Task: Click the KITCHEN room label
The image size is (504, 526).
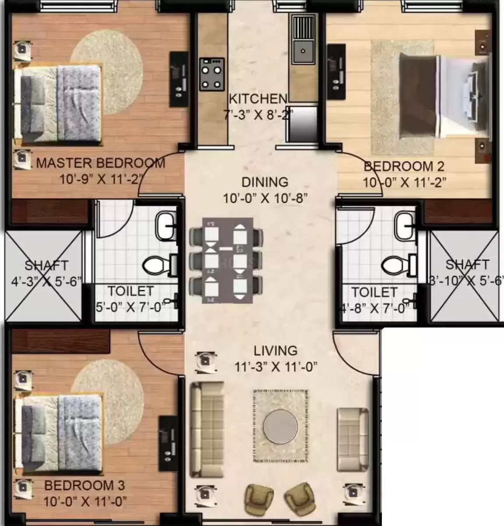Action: [x=258, y=99]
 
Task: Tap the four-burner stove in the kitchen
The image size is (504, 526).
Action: [x=212, y=74]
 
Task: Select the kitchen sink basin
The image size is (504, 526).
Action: [x=303, y=52]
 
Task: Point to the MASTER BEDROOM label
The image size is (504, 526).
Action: [x=101, y=163]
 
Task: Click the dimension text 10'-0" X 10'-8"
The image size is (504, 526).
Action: [x=265, y=199]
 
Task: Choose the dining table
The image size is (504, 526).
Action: [x=227, y=260]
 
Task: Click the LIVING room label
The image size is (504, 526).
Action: [x=275, y=351]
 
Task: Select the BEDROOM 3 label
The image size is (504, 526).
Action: [x=85, y=486]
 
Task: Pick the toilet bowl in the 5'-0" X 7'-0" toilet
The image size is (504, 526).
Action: [x=156, y=266]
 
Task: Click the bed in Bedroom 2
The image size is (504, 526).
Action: [x=445, y=96]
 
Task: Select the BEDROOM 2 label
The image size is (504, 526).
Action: [x=404, y=166]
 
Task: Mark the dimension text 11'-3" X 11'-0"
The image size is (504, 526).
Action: [x=276, y=367]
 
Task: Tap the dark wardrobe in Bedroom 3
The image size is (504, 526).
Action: [x=61, y=341]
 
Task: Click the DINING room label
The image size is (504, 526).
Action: [x=265, y=182]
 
